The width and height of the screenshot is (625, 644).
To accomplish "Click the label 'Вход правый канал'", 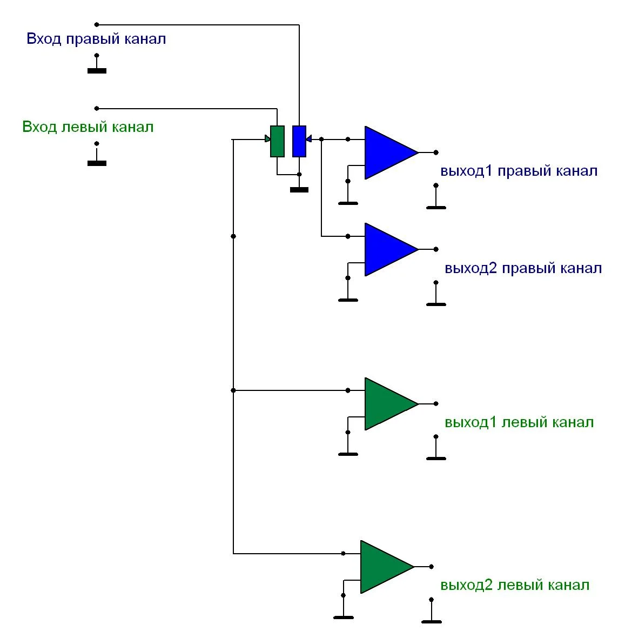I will pyautogui.click(x=96, y=39).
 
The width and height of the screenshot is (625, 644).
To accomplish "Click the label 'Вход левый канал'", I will pyautogui.click(x=88, y=127).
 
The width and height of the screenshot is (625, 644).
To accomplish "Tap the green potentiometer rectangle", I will pyautogui.click(x=277, y=141).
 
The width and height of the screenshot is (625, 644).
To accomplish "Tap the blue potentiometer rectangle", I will pyautogui.click(x=299, y=141).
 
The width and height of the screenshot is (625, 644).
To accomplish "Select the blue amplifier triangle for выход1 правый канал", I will pyautogui.click(x=388, y=152).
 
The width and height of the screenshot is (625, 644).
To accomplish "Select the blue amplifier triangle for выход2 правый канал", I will pyautogui.click(x=388, y=249).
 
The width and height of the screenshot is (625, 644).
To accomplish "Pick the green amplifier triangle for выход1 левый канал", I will pyautogui.click(x=388, y=403).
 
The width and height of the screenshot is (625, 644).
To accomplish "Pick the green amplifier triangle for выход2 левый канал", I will pyautogui.click(x=384, y=567).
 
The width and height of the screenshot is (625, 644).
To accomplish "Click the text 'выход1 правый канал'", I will pyautogui.click(x=519, y=171).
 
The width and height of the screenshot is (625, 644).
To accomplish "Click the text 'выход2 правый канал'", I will pyautogui.click(x=523, y=268).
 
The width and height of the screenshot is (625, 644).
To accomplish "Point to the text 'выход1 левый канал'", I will pyautogui.click(x=519, y=422).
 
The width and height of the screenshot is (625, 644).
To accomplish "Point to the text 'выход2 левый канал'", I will pyautogui.click(x=515, y=585).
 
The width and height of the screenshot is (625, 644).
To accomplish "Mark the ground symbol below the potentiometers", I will pyautogui.click(x=299, y=190).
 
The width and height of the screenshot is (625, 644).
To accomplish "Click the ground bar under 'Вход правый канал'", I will pyautogui.click(x=97, y=71).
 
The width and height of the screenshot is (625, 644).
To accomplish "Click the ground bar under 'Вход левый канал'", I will pyautogui.click(x=97, y=163).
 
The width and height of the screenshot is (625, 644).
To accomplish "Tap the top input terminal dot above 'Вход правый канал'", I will pyautogui.click(x=97, y=24).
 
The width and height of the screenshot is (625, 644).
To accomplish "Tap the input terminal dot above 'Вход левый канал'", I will pyautogui.click(x=97, y=108).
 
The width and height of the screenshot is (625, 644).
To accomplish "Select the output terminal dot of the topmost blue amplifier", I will pyautogui.click(x=436, y=152).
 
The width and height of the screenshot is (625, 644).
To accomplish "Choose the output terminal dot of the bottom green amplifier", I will pyautogui.click(x=431, y=567).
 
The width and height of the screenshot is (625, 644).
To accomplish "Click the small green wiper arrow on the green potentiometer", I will pyautogui.click(x=267, y=139).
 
